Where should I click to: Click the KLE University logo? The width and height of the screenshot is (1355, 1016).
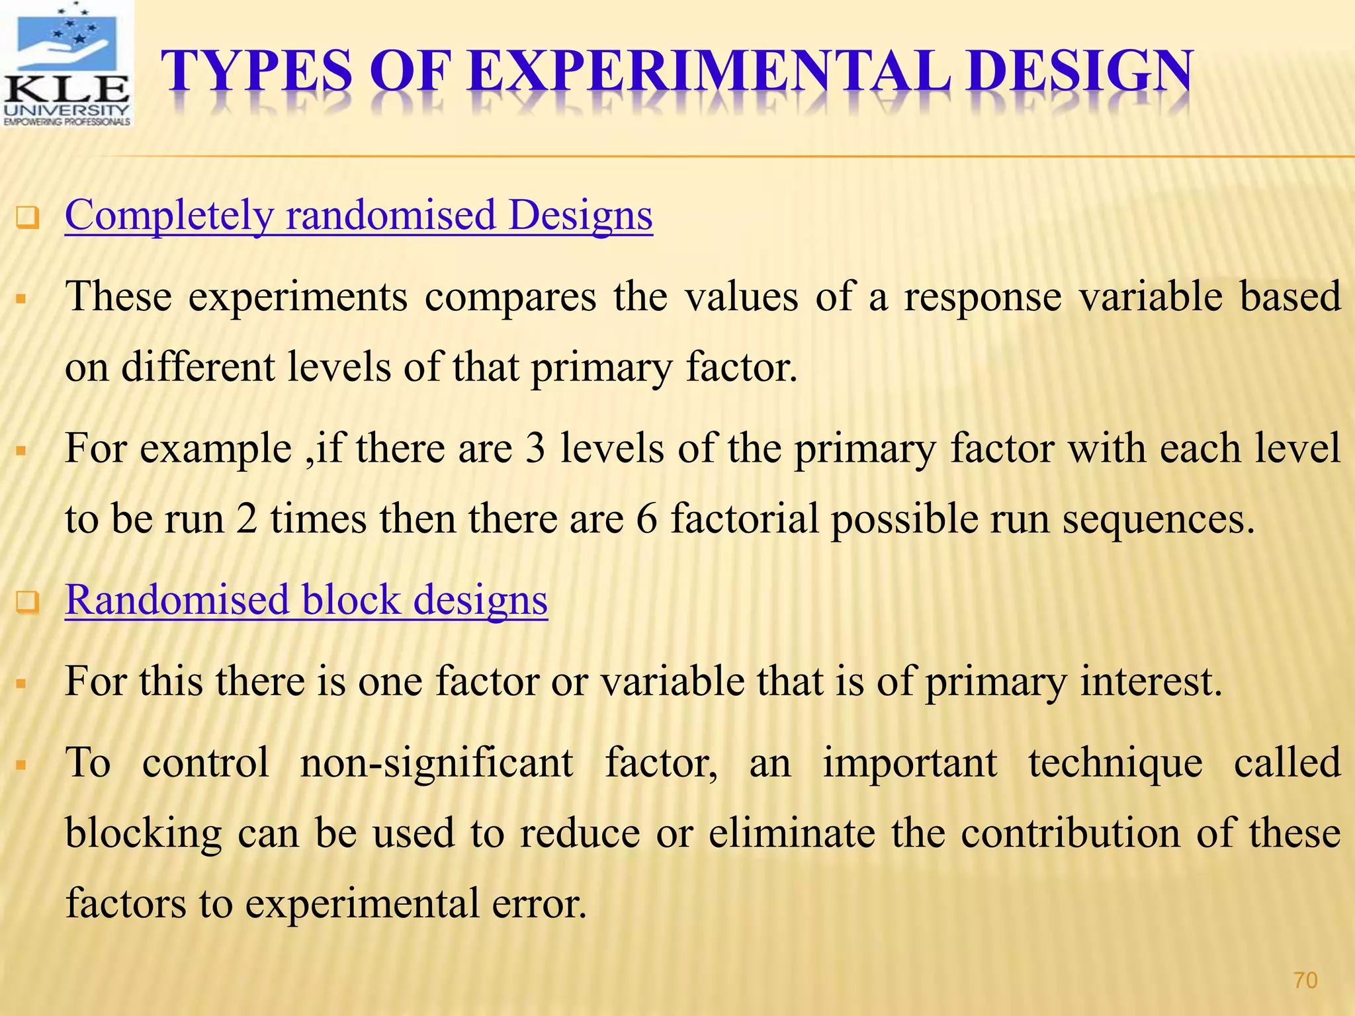point(67,64)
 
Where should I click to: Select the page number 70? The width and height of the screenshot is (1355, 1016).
point(1305,980)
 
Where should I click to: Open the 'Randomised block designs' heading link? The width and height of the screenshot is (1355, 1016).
point(306,600)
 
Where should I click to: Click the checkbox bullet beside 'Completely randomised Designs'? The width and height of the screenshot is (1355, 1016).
point(28,218)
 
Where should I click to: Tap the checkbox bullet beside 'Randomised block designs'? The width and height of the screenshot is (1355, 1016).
point(28,603)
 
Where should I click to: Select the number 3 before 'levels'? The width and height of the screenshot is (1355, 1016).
point(535,448)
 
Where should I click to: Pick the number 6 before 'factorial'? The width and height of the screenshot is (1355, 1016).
point(646,519)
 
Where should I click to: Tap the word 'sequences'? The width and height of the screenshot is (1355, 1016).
point(1158,519)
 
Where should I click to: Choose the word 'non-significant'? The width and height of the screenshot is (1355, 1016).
point(436,763)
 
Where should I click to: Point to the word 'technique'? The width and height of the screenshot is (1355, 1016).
point(1115,763)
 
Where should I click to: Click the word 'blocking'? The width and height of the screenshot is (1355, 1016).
point(144,833)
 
